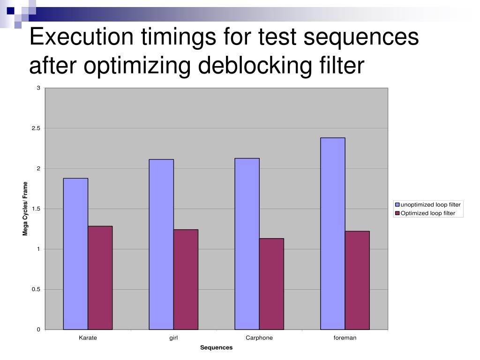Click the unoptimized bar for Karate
coord(75,254)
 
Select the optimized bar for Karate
coord(100,277)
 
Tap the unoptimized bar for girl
coord(161,244)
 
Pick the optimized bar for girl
coord(186,279)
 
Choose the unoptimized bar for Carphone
coord(247,244)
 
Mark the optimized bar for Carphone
coord(271,284)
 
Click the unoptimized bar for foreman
coord(333,233)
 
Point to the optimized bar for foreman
coord(357,280)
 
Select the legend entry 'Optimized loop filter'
coord(427,213)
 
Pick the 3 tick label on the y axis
coord(38,88)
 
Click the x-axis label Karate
coord(88,338)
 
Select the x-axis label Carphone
coord(259,338)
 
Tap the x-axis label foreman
coord(345,338)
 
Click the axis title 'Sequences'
coord(216,348)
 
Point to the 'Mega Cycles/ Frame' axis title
coord(26,209)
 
